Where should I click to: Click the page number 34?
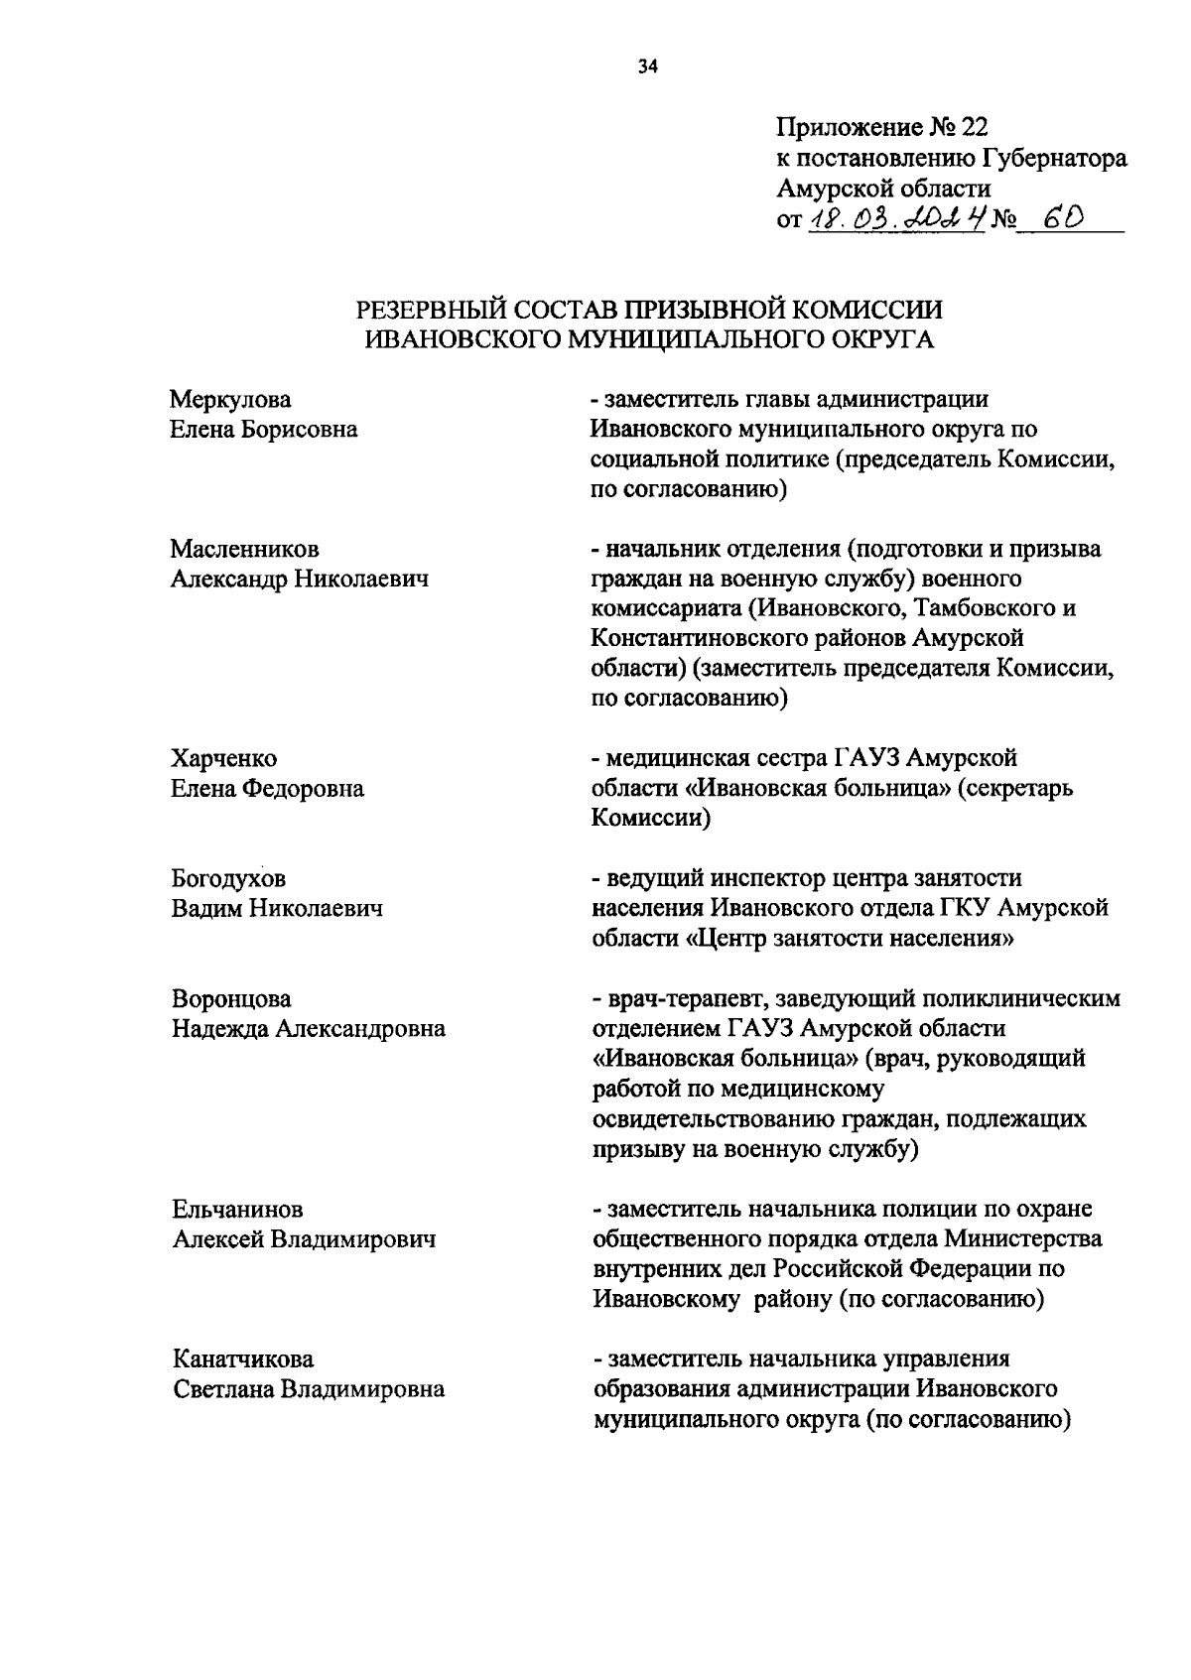[x=647, y=68]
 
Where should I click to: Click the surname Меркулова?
[x=230, y=400]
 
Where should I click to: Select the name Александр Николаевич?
[x=300, y=580]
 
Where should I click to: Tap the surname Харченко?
[x=223, y=759]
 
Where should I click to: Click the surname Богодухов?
[x=228, y=879]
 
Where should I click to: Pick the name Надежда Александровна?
[x=308, y=1029]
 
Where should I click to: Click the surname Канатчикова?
[x=243, y=1358]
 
